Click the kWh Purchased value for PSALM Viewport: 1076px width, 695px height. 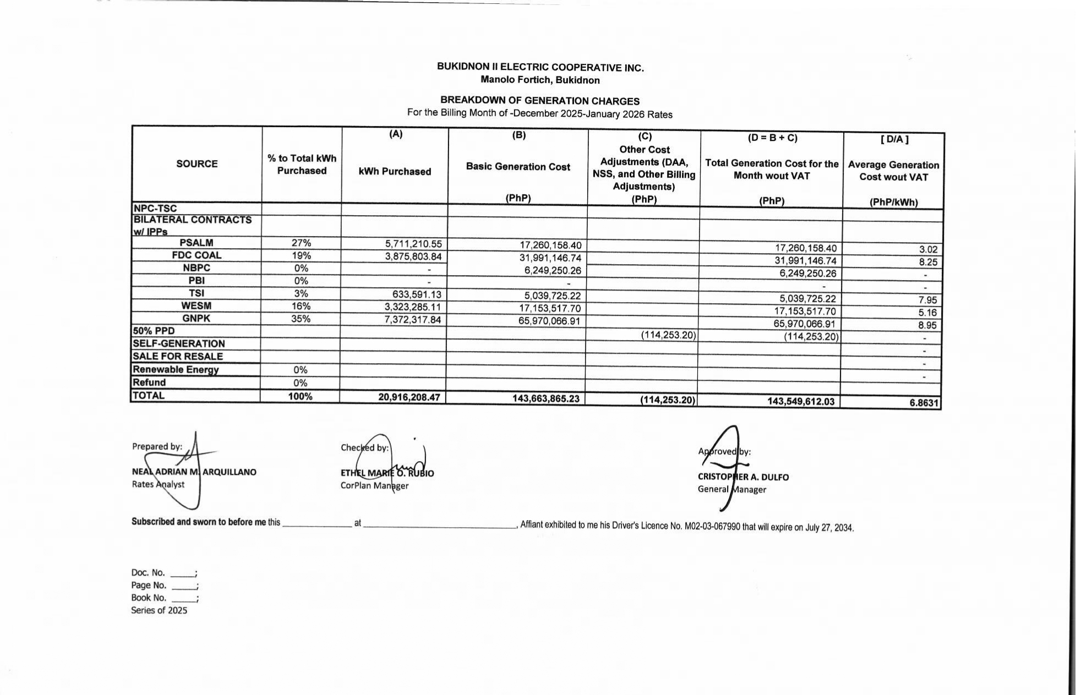point(413,244)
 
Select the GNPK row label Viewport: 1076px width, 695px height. point(196,319)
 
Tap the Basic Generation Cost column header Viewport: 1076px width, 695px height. point(518,167)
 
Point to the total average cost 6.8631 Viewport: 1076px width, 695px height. point(924,403)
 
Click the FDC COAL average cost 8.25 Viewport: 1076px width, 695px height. point(927,262)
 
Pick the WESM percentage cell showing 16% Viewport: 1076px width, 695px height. point(301,306)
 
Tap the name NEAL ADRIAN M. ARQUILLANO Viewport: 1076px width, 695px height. point(194,472)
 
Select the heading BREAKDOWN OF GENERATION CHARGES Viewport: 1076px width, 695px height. point(539,101)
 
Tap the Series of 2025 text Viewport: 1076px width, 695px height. point(159,610)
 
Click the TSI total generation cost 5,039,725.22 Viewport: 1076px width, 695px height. point(807,299)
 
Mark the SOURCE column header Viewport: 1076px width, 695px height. point(196,164)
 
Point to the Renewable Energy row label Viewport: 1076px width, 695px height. point(176,370)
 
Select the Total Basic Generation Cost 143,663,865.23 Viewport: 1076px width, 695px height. point(545,398)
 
